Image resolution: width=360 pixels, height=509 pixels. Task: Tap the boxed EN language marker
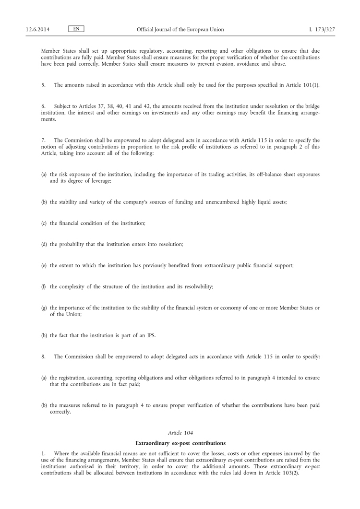click(x=76, y=29)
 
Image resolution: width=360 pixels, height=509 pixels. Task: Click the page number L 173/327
click(x=322, y=30)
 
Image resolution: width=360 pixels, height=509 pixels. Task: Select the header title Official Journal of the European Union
click(x=180, y=30)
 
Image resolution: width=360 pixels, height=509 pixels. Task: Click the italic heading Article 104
click(x=180, y=433)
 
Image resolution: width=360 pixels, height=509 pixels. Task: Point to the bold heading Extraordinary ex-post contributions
click(x=180, y=443)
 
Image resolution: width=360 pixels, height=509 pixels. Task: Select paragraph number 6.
click(x=43, y=106)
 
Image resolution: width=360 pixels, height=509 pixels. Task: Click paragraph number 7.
click(x=43, y=140)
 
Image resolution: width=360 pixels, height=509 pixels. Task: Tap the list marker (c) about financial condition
click(x=44, y=224)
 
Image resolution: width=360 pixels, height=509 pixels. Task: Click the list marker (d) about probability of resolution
click(x=44, y=244)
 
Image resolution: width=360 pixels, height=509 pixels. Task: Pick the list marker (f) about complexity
click(x=44, y=286)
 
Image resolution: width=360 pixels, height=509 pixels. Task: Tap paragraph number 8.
click(x=43, y=356)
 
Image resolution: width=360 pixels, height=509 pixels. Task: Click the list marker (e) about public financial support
click(x=44, y=265)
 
